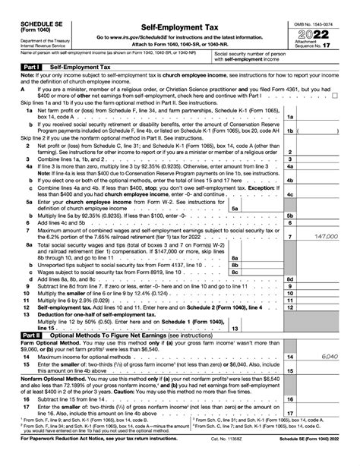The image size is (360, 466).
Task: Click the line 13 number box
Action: (234, 327)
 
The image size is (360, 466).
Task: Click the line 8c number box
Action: (235, 250)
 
